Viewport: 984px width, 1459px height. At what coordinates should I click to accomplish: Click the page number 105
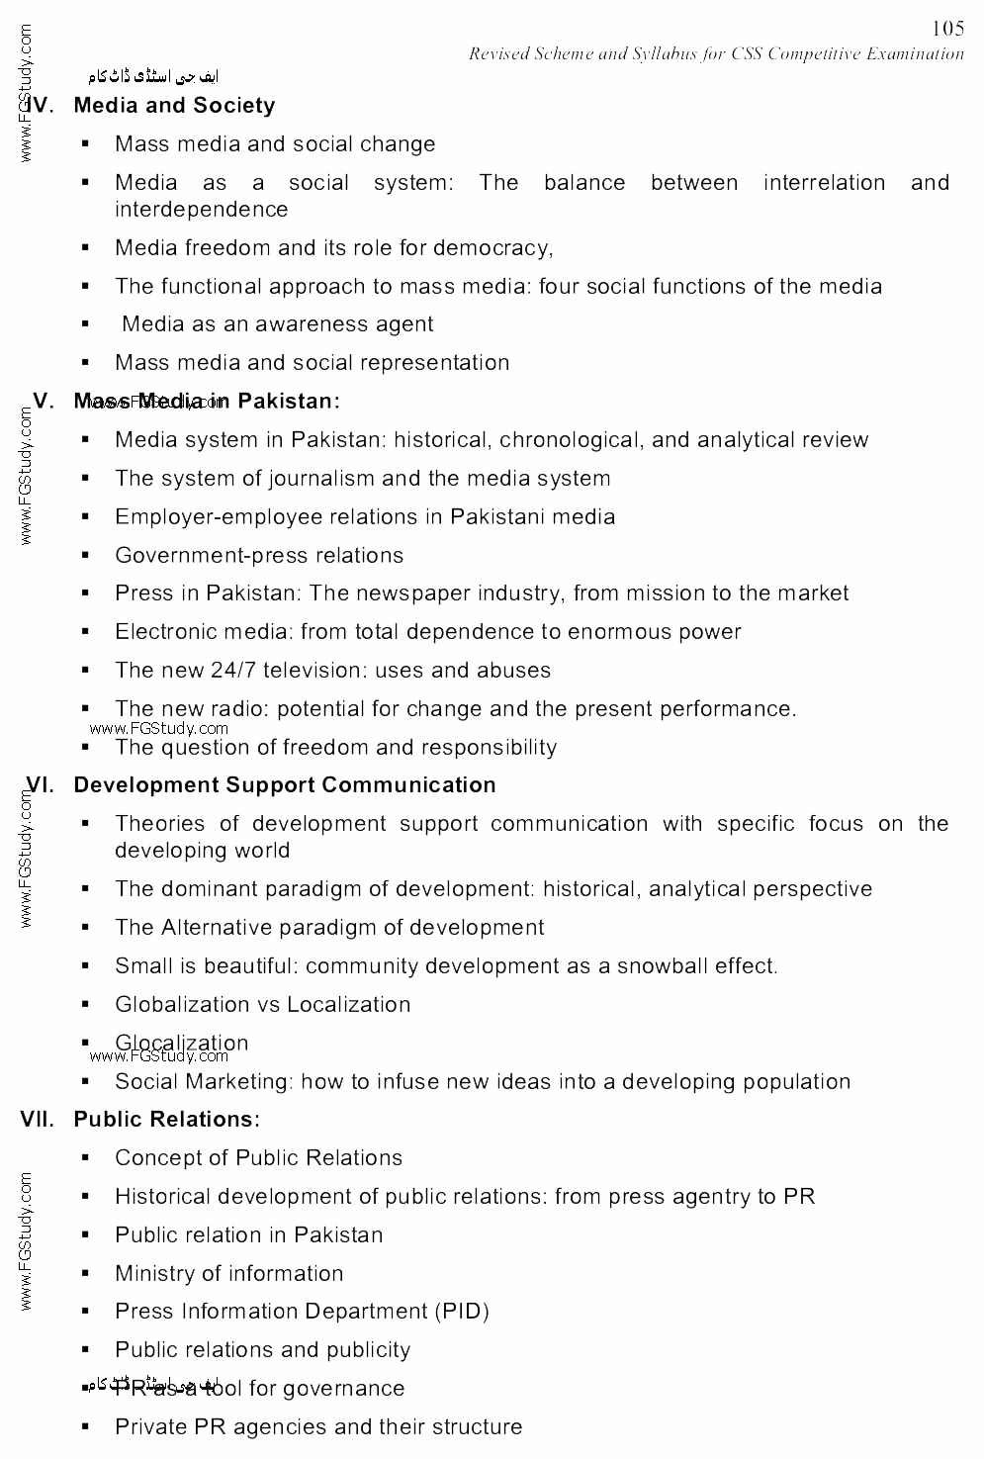[x=947, y=29]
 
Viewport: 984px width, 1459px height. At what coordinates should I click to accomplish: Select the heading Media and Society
[x=174, y=106]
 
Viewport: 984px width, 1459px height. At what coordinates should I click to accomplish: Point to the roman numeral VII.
[x=40, y=1120]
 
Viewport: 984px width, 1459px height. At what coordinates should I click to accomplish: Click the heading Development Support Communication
[x=285, y=785]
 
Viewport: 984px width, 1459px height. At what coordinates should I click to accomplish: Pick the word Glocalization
[x=182, y=1043]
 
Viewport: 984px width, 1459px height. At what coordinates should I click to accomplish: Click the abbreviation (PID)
[x=462, y=1312]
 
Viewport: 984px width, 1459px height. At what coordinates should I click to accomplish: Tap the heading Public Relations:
[x=167, y=1120]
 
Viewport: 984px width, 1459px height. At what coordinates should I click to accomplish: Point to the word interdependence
[x=202, y=210]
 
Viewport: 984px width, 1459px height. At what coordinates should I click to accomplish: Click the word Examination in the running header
[x=915, y=54]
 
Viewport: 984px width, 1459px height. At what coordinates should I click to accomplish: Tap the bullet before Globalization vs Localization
[x=86, y=1005]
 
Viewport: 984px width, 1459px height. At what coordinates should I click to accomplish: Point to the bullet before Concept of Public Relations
[x=86, y=1158]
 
